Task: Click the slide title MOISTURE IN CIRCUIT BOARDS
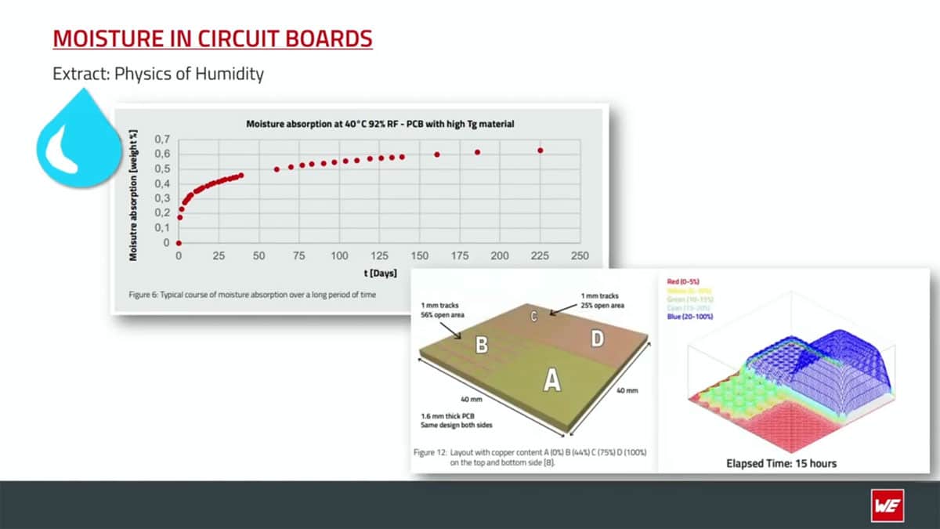coord(212,38)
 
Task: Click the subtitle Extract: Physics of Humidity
coord(157,74)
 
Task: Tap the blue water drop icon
coord(77,141)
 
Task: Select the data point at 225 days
coord(540,150)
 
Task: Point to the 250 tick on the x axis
coord(580,256)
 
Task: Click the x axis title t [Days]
coord(379,274)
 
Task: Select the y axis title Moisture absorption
coord(134,194)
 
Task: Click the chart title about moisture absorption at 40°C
coord(379,124)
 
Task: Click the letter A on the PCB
coord(552,381)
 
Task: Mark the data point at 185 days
coord(477,152)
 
